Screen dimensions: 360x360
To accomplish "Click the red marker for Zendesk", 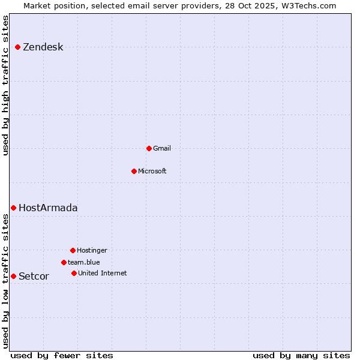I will coord(18,47).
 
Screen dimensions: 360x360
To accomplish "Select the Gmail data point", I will coord(149,148).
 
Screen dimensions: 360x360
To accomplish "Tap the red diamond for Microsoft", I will coord(134,171).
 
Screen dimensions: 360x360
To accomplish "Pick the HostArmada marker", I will coord(13,208).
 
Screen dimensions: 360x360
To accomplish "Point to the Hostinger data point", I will coord(73,250).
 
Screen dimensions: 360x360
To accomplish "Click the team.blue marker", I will coord(64,262).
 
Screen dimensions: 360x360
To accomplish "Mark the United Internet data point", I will coord(74,273).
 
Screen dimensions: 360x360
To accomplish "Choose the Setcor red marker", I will coord(13,276).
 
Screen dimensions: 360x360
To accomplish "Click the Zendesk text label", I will coord(43,47).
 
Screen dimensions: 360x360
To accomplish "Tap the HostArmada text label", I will coord(48,208).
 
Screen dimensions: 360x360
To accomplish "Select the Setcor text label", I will coord(34,277).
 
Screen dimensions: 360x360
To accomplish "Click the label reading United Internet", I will coord(102,274).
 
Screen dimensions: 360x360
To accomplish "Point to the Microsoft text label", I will coord(152,172).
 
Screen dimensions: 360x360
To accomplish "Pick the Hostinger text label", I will coord(92,251).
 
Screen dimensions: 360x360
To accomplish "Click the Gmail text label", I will coord(161,149).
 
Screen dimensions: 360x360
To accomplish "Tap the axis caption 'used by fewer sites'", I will coord(62,355).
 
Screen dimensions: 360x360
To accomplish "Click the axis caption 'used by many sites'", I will coord(301,355).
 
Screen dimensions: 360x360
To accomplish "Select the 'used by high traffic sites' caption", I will coord(6,85).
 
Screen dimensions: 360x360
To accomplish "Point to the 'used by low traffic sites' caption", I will coord(6,281).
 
